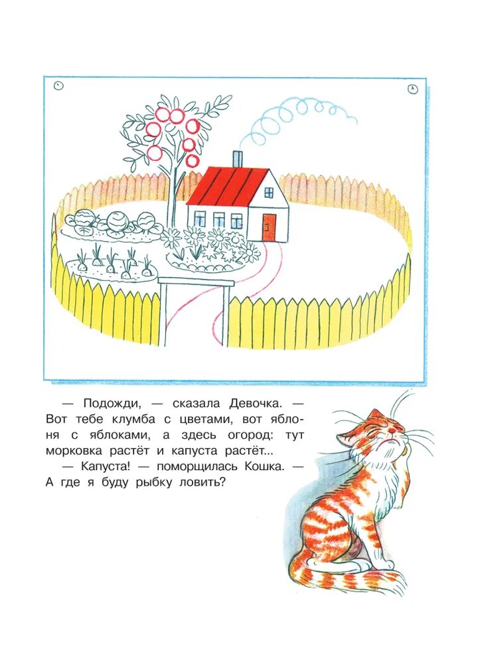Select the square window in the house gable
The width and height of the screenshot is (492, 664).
coord(269,193)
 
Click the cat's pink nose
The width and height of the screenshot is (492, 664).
coord(393,430)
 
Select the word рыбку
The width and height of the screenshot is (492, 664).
coord(152,483)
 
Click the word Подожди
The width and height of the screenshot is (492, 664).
coord(112,404)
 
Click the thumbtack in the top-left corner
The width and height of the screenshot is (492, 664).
coord(59,86)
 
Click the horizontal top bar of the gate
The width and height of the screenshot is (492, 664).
coord(196,282)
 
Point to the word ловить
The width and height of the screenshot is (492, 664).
coord(200,483)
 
